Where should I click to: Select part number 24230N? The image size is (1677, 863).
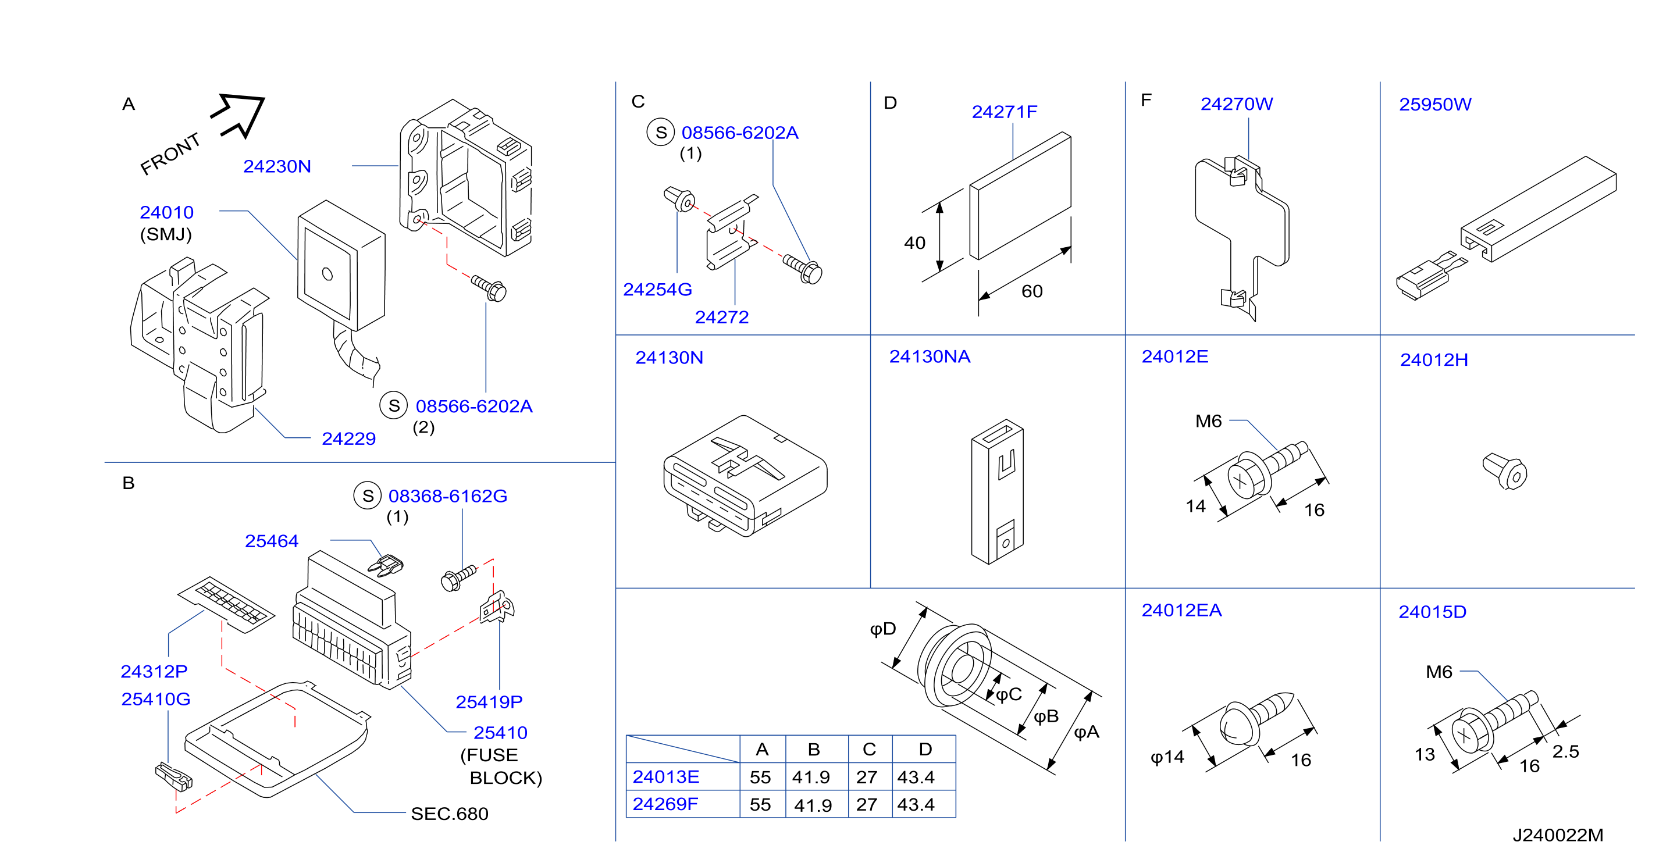277,167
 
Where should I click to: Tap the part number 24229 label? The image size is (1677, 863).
349,438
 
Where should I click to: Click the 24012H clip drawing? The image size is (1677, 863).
1504,471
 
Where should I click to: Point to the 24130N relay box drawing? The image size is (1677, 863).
745,475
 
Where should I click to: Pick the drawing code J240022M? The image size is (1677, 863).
1558,835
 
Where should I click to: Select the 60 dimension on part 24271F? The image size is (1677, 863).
1032,291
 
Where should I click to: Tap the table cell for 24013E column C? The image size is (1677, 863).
867,777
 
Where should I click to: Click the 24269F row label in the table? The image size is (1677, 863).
665,804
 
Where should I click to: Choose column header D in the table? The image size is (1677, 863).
925,750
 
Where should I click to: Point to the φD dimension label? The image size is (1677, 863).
884,629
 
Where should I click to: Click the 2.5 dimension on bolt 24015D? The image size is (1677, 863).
1566,752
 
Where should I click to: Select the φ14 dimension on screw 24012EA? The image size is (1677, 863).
1167,758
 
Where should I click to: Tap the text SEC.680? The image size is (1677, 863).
449,814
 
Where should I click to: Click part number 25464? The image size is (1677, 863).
272,541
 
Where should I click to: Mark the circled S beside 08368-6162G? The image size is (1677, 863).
368,496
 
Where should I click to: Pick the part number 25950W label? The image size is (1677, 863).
1435,105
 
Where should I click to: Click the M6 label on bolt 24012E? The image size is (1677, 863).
1208,422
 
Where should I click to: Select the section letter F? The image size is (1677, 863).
1147,100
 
